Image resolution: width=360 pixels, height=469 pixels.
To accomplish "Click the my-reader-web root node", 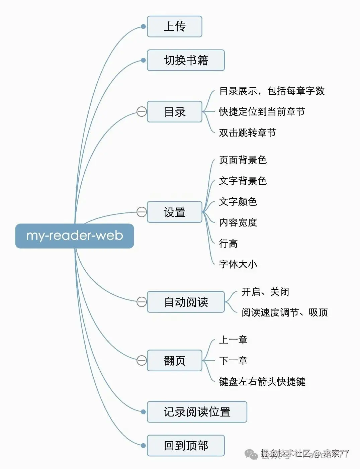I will [75, 236].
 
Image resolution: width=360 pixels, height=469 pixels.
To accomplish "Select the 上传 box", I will [175, 26].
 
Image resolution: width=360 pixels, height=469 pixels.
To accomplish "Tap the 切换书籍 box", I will [186, 60].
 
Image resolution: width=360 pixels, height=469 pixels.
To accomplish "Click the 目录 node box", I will [175, 112].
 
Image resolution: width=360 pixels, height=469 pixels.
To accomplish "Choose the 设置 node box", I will [175, 212].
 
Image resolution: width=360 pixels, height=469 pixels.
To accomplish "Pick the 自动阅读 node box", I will [186, 302].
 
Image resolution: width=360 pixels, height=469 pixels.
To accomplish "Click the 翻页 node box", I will [175, 361].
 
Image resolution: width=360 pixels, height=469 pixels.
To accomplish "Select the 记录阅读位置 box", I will [197, 412].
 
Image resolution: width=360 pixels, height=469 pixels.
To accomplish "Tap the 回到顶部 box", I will [186, 446].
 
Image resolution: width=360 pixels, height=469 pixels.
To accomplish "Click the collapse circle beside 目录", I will [142, 112].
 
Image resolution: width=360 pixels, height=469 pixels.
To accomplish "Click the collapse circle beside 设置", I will [142, 212].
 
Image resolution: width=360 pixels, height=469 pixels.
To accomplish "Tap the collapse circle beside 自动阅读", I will [142, 302].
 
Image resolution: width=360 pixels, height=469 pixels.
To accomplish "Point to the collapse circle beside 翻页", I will [142, 361].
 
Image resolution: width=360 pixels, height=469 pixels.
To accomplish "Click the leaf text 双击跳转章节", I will [248, 133].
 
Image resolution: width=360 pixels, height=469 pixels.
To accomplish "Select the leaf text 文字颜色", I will [238, 202].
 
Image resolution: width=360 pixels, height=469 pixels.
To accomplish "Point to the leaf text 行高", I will [228, 244].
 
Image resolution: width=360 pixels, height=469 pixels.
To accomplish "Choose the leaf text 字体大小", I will [238, 264].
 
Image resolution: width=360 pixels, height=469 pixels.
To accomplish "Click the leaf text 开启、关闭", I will [265, 292].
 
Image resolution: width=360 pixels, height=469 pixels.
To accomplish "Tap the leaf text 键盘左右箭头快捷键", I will [262, 381].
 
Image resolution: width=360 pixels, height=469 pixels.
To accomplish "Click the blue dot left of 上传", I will [144, 26].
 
